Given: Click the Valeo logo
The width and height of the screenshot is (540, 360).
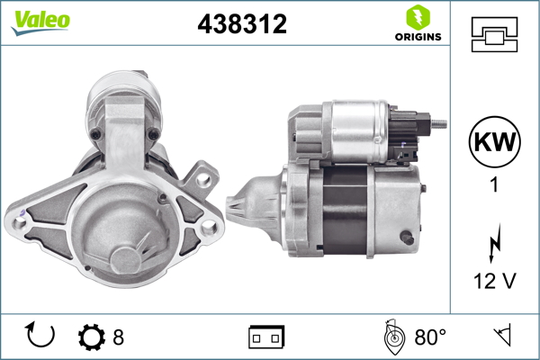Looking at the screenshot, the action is tap(40, 22).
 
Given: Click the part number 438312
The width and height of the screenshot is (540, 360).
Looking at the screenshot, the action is tap(242, 23).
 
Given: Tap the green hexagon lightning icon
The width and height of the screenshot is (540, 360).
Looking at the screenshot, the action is tap(418, 18).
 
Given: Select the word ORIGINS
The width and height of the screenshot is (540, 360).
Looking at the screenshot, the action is tap(418, 37).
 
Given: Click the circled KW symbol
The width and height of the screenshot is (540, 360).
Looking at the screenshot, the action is tap(494, 141).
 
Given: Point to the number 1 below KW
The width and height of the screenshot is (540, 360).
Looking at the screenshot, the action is tap(494, 184).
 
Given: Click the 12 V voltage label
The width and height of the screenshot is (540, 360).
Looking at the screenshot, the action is tap(495, 281).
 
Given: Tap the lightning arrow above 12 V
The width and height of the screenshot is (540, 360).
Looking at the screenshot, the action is tap(495, 243).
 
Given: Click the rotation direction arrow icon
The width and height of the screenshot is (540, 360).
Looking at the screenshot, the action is tap(40, 335).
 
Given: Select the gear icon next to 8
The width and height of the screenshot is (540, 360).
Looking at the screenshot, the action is tap(92, 337).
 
